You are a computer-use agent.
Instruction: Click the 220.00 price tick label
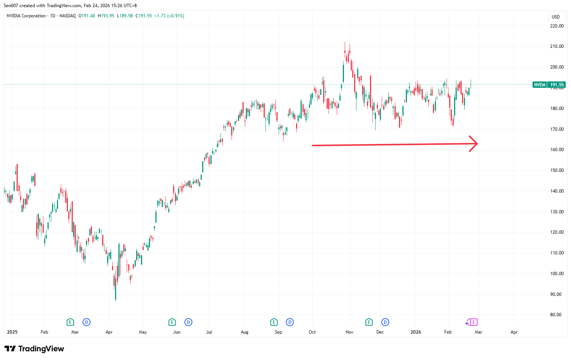click(x=557, y=26)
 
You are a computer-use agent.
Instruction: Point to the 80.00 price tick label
click(x=556, y=315)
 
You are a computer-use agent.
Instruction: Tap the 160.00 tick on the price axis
click(x=557, y=150)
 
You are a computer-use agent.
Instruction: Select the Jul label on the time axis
click(x=209, y=332)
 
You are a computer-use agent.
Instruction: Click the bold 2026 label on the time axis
click(x=416, y=332)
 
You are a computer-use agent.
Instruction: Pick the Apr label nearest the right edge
click(x=514, y=332)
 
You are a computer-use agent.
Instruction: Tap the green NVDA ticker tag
click(x=540, y=85)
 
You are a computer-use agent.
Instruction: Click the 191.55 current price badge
click(x=557, y=85)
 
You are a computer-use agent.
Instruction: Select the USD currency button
click(x=556, y=17)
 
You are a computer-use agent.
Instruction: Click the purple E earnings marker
click(x=474, y=322)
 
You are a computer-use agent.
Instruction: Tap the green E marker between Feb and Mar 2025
click(x=70, y=322)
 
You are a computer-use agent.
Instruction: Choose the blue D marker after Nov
click(x=385, y=322)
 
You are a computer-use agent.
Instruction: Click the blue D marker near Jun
click(x=188, y=322)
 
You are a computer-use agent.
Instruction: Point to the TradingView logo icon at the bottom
click(x=10, y=349)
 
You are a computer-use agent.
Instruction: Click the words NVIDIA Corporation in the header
click(x=26, y=16)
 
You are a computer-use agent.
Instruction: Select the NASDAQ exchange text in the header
click(x=68, y=16)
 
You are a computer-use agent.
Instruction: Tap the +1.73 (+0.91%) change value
click(x=169, y=16)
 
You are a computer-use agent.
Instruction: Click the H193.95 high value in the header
click(x=106, y=16)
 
